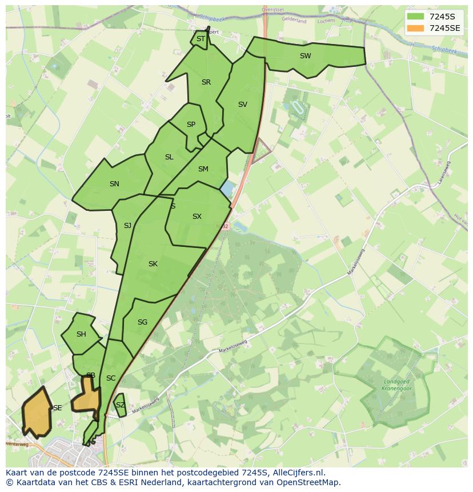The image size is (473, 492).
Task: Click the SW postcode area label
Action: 305,56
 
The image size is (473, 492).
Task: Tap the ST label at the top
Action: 201,39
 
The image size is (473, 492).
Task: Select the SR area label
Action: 206,82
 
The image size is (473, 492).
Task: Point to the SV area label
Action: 243,105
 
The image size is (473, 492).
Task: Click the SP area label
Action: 191,125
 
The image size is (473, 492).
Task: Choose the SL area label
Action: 169,157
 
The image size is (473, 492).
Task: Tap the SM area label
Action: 203,169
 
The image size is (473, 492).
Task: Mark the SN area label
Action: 114,184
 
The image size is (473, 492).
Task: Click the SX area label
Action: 197,217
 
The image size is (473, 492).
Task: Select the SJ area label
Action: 127,226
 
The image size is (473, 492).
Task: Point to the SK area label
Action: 153,264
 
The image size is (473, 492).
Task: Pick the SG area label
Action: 142,322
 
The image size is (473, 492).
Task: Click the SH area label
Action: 81,334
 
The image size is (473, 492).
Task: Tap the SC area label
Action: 111,378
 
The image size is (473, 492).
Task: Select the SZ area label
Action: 120,405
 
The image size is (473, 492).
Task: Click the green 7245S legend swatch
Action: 416,17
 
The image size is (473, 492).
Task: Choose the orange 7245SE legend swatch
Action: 416,28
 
